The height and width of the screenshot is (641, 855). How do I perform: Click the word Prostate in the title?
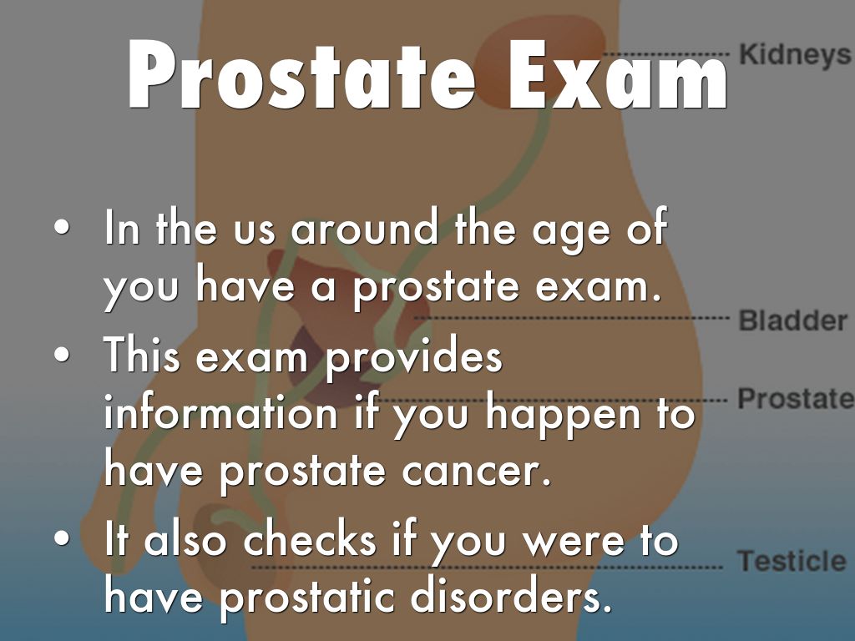point(301,75)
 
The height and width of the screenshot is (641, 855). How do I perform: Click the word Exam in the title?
point(618,75)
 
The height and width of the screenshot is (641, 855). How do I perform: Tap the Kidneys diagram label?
point(796,54)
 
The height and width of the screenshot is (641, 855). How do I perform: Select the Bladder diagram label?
point(793,320)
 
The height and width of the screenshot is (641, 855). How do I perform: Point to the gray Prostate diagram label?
point(796,398)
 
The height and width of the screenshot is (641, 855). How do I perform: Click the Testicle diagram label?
point(792,560)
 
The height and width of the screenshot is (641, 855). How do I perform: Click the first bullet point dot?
point(62,227)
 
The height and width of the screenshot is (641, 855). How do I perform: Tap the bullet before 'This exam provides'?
point(62,354)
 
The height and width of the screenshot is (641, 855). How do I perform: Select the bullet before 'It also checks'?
point(62,538)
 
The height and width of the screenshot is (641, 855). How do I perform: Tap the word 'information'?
point(220,411)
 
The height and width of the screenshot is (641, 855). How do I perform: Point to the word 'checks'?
point(310,538)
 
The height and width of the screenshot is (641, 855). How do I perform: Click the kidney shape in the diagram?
point(540,60)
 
